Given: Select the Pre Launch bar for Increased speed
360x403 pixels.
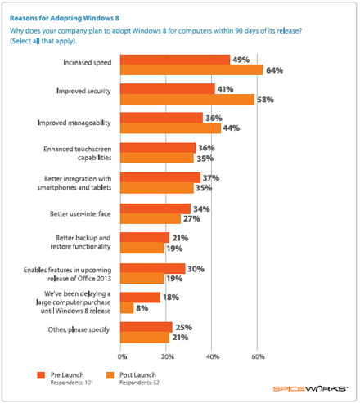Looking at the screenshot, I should (175, 60).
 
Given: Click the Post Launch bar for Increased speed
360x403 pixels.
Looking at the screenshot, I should (192, 70).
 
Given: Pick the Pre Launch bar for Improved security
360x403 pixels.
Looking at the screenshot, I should (168, 88).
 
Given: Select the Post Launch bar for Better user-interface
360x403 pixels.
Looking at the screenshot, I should (151, 218).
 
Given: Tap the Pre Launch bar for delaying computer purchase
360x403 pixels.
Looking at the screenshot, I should (141, 297).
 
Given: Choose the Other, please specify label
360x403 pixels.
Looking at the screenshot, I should (88, 332).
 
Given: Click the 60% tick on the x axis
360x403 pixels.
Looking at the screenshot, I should (258, 356).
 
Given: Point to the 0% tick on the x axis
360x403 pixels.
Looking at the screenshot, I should (121, 356).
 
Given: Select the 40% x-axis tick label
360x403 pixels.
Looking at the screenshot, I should (213, 356).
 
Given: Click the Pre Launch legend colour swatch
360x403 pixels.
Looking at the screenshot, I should (41, 374).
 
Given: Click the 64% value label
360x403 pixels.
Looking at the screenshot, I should (275, 70).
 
